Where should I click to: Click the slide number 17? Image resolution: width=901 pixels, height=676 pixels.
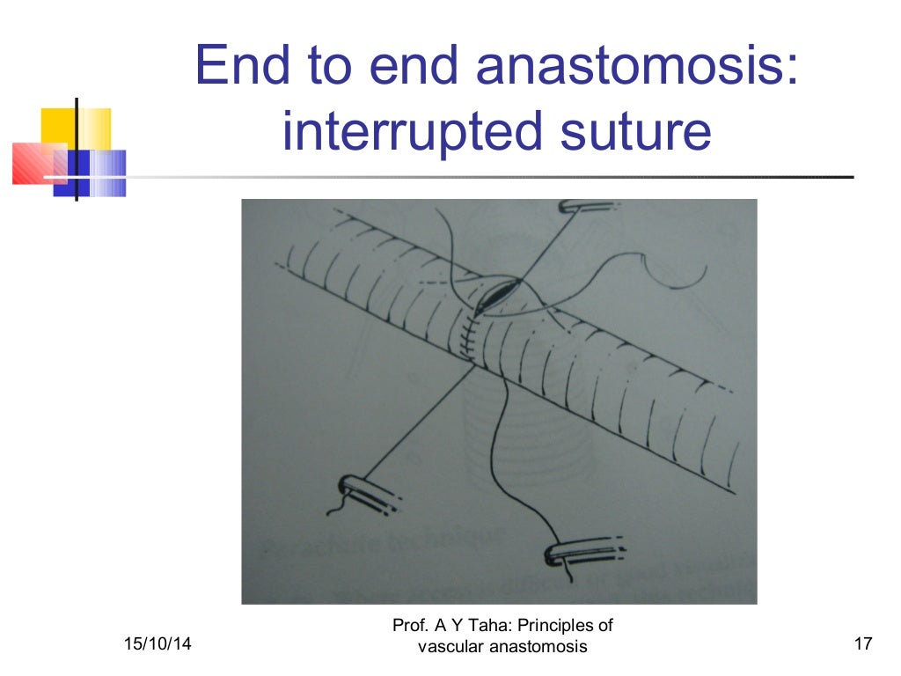862,646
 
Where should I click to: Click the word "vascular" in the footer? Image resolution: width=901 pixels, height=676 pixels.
450,648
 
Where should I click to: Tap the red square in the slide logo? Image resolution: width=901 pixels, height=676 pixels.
35,164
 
